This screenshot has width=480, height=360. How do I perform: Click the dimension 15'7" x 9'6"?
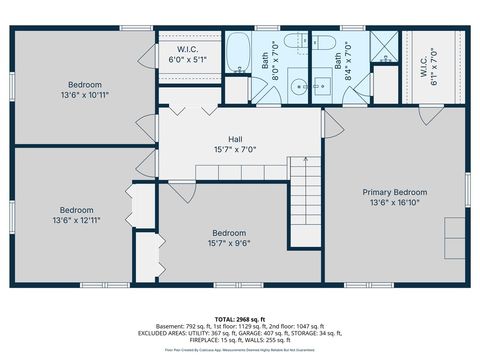coord(229,242)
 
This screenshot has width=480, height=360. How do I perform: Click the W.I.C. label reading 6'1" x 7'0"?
coord(433,66)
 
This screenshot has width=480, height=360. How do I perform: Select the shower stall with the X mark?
coord(384,48)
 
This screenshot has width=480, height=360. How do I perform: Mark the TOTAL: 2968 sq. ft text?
coord(240,317)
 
